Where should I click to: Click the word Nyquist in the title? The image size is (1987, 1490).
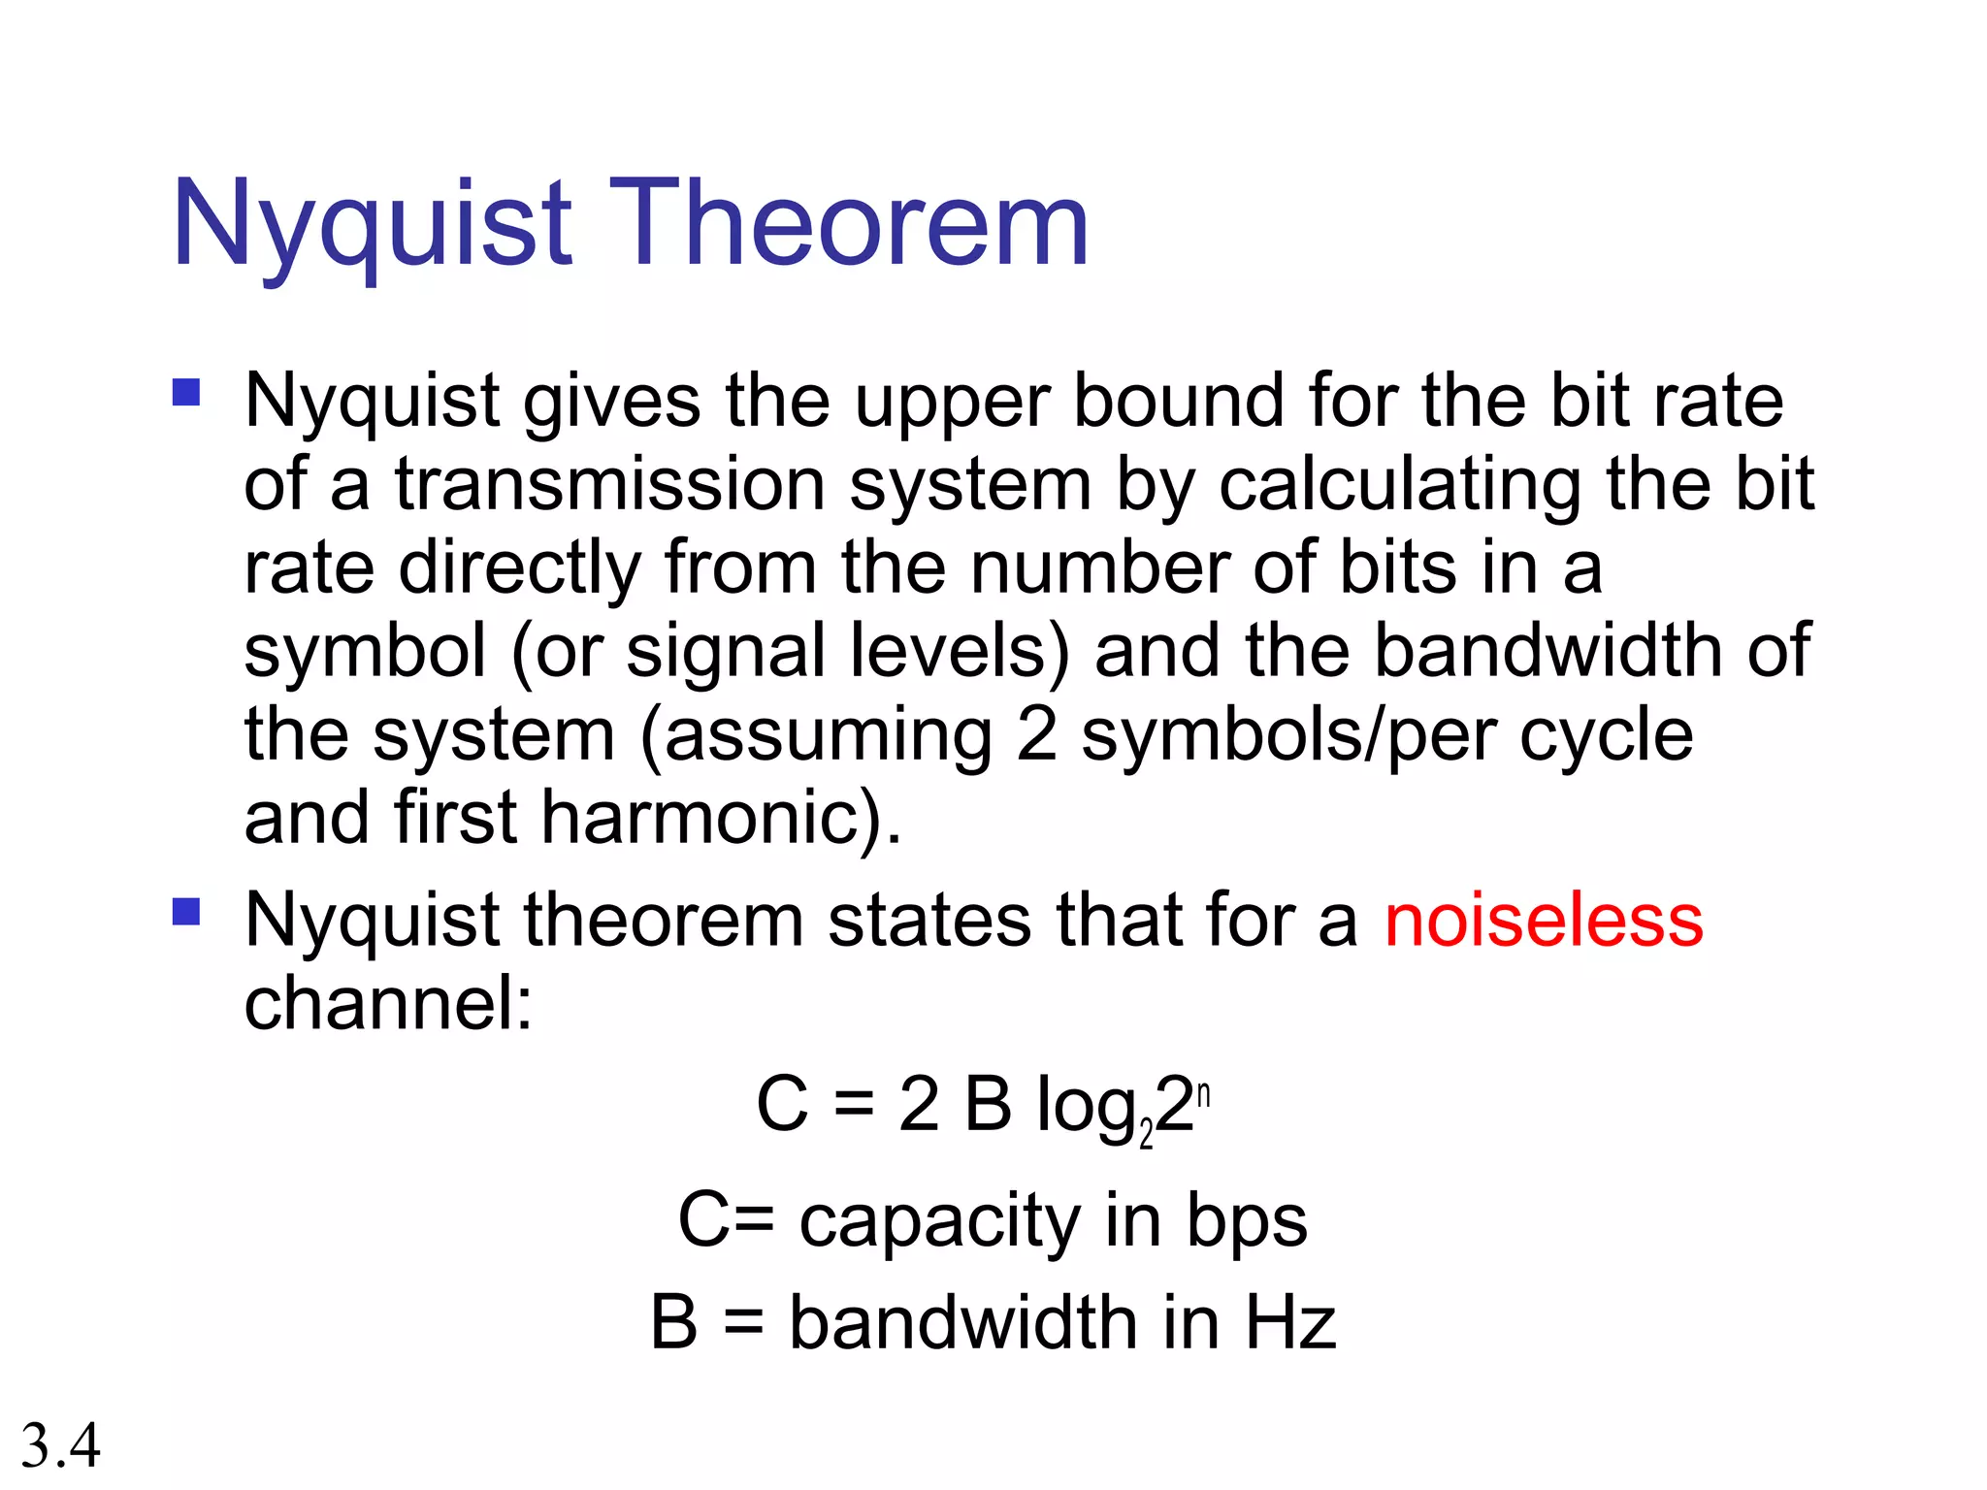coord(373,225)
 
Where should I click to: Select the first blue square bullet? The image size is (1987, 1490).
coord(186,392)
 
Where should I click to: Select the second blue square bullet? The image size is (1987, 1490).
coord(186,912)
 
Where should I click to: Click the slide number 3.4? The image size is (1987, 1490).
coord(60,1445)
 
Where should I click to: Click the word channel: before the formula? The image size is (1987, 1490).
coord(388,1003)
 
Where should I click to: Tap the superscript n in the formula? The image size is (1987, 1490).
coord(1204,1094)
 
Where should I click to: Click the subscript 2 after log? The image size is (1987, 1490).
coord(1146,1133)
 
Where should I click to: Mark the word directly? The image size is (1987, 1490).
coord(520,567)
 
